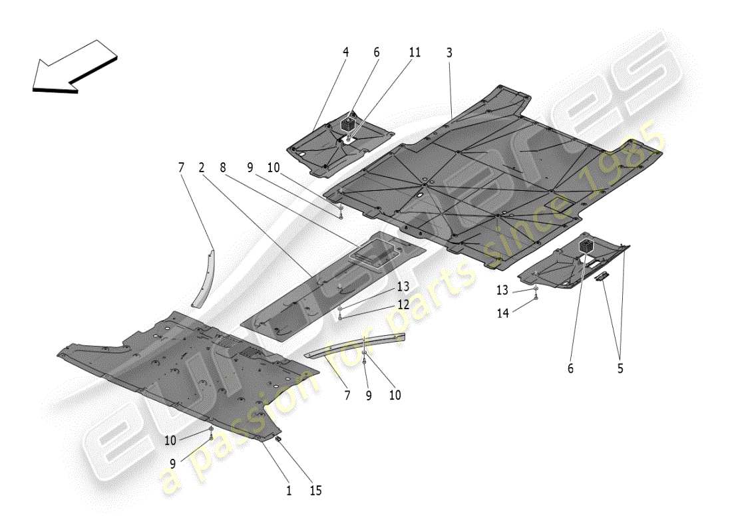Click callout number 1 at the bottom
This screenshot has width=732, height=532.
click(289, 491)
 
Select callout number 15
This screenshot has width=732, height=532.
click(315, 491)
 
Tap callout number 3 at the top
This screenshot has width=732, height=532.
click(449, 53)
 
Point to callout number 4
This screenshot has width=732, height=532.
click(346, 53)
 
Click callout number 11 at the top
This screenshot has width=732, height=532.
click(415, 53)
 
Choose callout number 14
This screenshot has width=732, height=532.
click(503, 313)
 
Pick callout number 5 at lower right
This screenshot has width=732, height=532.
click(620, 368)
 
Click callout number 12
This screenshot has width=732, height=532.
click(403, 304)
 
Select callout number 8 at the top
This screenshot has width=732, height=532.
click(224, 169)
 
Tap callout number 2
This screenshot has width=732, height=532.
click(201, 169)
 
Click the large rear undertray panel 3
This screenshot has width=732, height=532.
click(492, 173)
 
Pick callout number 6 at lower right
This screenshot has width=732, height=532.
click(570, 368)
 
